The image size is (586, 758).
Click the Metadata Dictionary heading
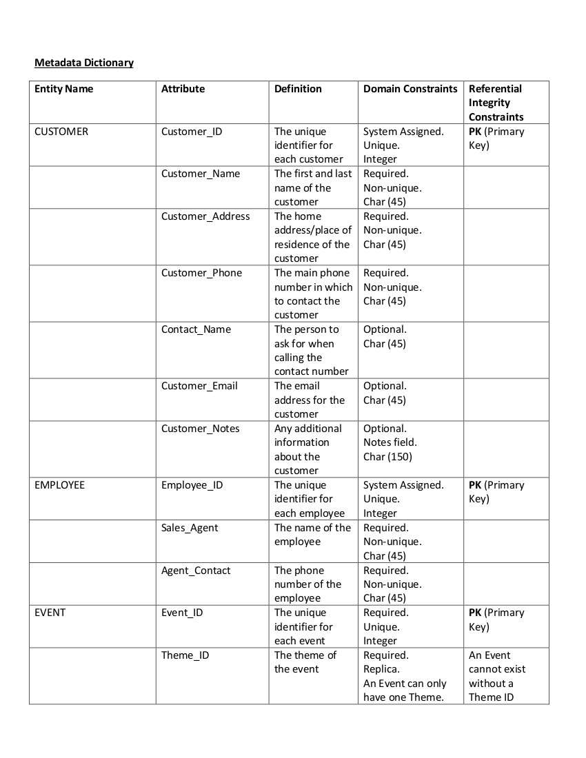click(84, 63)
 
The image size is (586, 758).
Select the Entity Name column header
click(63, 89)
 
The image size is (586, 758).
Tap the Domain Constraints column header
click(410, 89)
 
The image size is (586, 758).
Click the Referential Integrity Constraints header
click(496, 103)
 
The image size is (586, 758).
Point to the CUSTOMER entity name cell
click(61, 132)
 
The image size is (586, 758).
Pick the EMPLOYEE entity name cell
click(59, 485)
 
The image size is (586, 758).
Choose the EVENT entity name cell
click(50, 613)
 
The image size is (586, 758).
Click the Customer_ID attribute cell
click(192, 132)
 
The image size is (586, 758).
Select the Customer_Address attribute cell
click(205, 216)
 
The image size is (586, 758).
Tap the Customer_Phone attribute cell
click(201, 273)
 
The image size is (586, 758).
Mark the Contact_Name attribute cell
click(196, 329)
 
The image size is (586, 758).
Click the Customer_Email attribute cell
click(199, 386)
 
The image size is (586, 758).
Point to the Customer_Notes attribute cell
click(201, 429)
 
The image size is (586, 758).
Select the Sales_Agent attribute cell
click(190, 528)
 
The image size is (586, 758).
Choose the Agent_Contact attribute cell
click(196, 571)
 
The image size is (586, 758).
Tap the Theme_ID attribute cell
click(185, 655)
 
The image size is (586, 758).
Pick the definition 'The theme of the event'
click(305, 662)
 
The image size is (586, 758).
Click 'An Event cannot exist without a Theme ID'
click(496, 676)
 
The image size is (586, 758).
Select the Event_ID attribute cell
click(182, 613)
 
